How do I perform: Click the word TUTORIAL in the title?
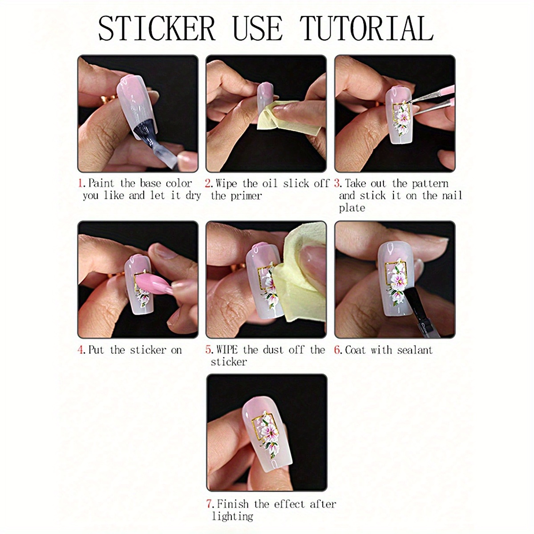click(366, 28)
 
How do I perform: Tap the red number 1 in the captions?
click(81, 183)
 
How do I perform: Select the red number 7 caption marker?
click(209, 504)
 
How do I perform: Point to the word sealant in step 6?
click(415, 350)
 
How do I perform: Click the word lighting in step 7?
click(232, 516)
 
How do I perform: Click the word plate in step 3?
click(352, 208)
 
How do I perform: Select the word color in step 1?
click(178, 183)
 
